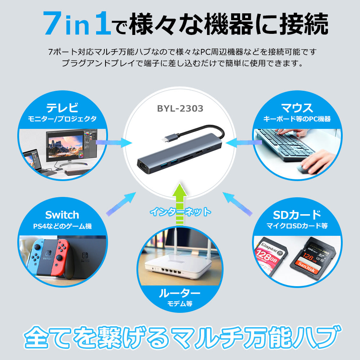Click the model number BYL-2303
pyautogui.click(x=180, y=108)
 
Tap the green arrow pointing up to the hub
pyautogui.click(x=180, y=203)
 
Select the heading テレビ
pyautogui.click(x=62, y=108)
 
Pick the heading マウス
pyautogui.click(x=297, y=108)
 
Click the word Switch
pyautogui.click(x=62, y=215)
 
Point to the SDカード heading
pyautogui.click(x=297, y=215)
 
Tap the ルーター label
pyautogui.click(x=180, y=293)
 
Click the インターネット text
pyautogui.click(x=180, y=211)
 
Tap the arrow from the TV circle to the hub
pyautogui.click(x=114, y=143)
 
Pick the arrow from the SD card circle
pyautogui.click(x=237, y=204)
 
